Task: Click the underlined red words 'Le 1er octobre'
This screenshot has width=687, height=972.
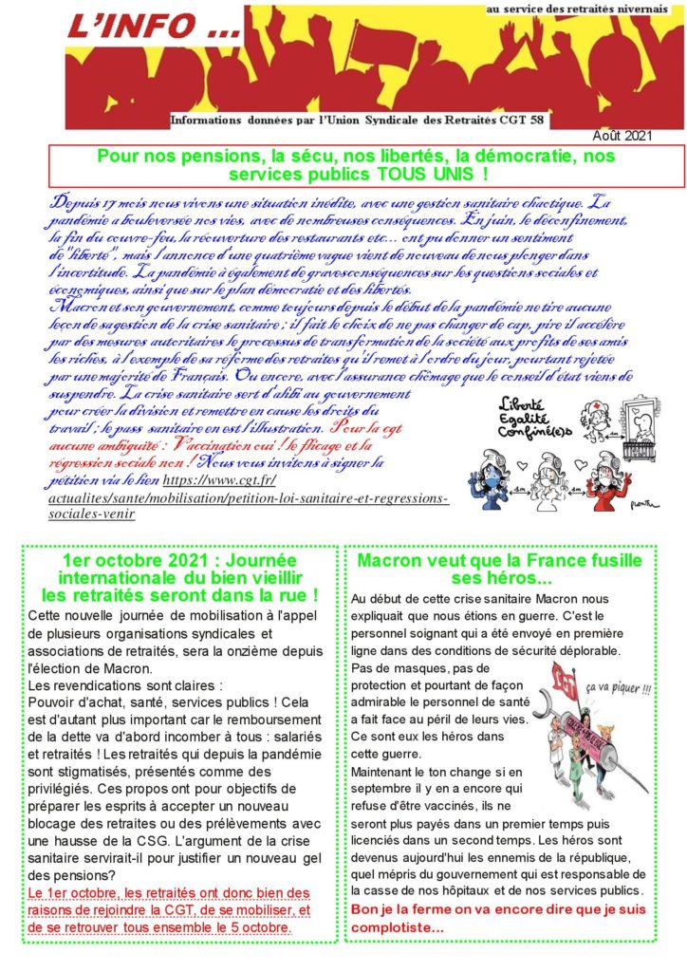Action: point(65,893)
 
